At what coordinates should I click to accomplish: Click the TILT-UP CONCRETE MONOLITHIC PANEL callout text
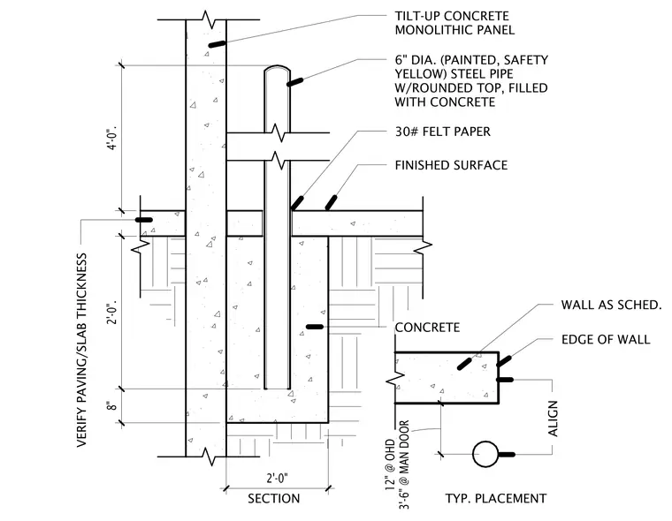tap(454, 23)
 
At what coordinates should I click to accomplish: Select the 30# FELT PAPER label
tap(443, 132)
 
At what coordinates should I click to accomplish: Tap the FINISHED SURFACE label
tap(451, 165)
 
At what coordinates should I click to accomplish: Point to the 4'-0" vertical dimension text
tap(112, 138)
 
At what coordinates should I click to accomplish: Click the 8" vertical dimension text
tap(112, 405)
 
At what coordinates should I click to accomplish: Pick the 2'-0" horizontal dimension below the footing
tap(278, 478)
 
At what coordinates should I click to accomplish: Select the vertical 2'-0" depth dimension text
tap(112, 313)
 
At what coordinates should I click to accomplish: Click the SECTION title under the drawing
tap(274, 499)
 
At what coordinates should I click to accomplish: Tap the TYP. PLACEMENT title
tap(496, 499)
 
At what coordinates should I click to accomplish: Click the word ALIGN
tap(554, 419)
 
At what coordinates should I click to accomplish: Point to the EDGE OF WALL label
tap(606, 340)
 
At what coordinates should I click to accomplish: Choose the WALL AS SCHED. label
tap(612, 305)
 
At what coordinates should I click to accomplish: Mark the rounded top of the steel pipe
tap(278, 66)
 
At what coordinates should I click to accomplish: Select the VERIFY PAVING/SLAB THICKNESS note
tap(82, 351)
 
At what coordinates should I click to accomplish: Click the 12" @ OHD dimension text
tap(390, 464)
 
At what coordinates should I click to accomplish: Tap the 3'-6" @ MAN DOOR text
tap(404, 464)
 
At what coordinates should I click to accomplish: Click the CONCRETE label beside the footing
tap(427, 328)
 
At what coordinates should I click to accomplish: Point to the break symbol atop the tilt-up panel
tap(208, 19)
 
